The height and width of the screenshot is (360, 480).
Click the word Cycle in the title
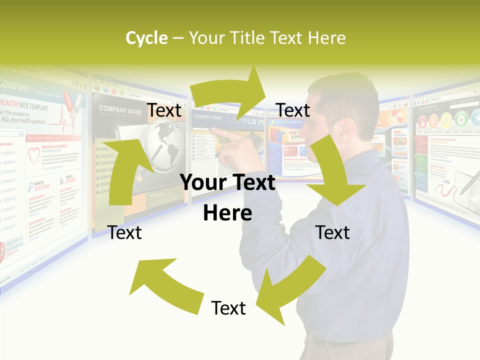coord(146,38)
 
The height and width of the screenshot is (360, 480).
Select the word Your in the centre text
coord(201,182)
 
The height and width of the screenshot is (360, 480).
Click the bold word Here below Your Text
coord(227,213)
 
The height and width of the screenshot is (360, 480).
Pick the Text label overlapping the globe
coord(164,110)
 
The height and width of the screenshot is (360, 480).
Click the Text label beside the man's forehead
coord(293,110)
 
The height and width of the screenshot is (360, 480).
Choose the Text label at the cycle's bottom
coord(228,308)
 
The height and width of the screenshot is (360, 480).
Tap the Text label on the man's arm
coord(332,232)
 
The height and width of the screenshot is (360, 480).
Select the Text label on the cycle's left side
coord(124,232)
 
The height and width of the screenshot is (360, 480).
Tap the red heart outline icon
coord(34,156)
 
